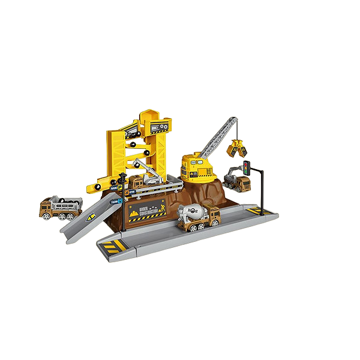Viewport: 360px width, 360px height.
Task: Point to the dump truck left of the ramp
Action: pos(60,206)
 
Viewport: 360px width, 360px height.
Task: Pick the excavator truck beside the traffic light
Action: pos(236,181)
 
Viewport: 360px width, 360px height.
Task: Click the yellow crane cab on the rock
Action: pos(197,166)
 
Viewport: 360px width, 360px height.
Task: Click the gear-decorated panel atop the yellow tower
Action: pos(160,127)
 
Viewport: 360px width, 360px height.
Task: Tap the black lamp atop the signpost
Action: pos(122,178)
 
